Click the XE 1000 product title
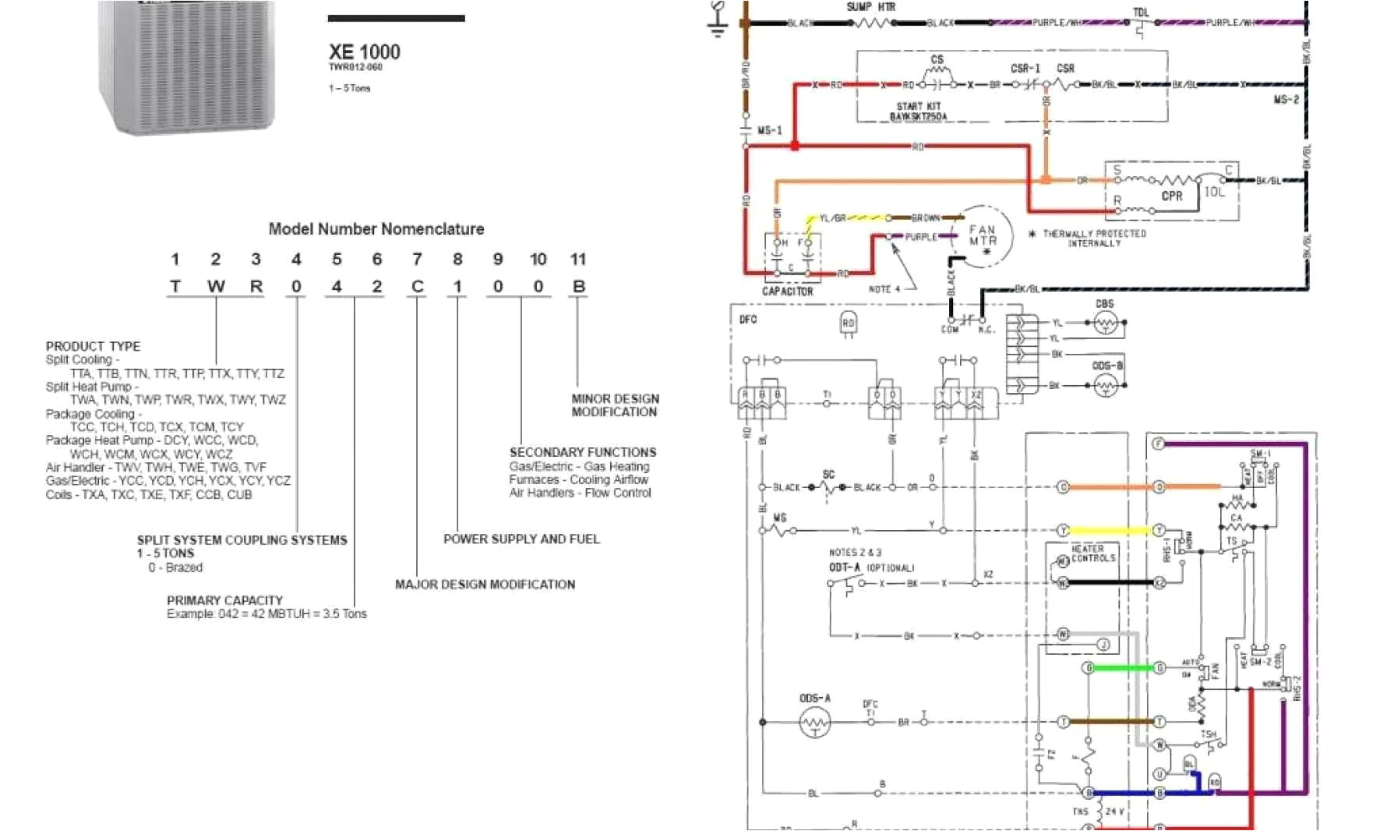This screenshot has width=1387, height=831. (364, 52)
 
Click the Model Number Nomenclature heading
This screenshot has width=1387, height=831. (376, 229)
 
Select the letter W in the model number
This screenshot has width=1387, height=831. (216, 287)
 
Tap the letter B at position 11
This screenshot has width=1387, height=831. (578, 287)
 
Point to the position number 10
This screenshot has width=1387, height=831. (538, 260)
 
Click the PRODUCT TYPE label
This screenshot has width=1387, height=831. (93, 346)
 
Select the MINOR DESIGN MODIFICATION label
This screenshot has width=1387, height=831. (615, 405)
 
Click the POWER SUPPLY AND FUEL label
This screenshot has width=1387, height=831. (521, 539)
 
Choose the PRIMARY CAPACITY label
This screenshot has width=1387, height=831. (224, 600)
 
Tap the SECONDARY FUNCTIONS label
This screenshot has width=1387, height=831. (583, 452)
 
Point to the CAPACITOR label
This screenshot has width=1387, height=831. (787, 292)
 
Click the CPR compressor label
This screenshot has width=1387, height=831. (1171, 196)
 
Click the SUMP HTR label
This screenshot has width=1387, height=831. (871, 7)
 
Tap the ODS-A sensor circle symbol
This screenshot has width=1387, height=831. (815, 723)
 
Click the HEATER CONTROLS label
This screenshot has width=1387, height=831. (1092, 553)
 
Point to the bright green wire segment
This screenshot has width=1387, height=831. (1124, 668)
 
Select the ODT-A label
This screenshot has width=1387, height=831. (844, 568)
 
